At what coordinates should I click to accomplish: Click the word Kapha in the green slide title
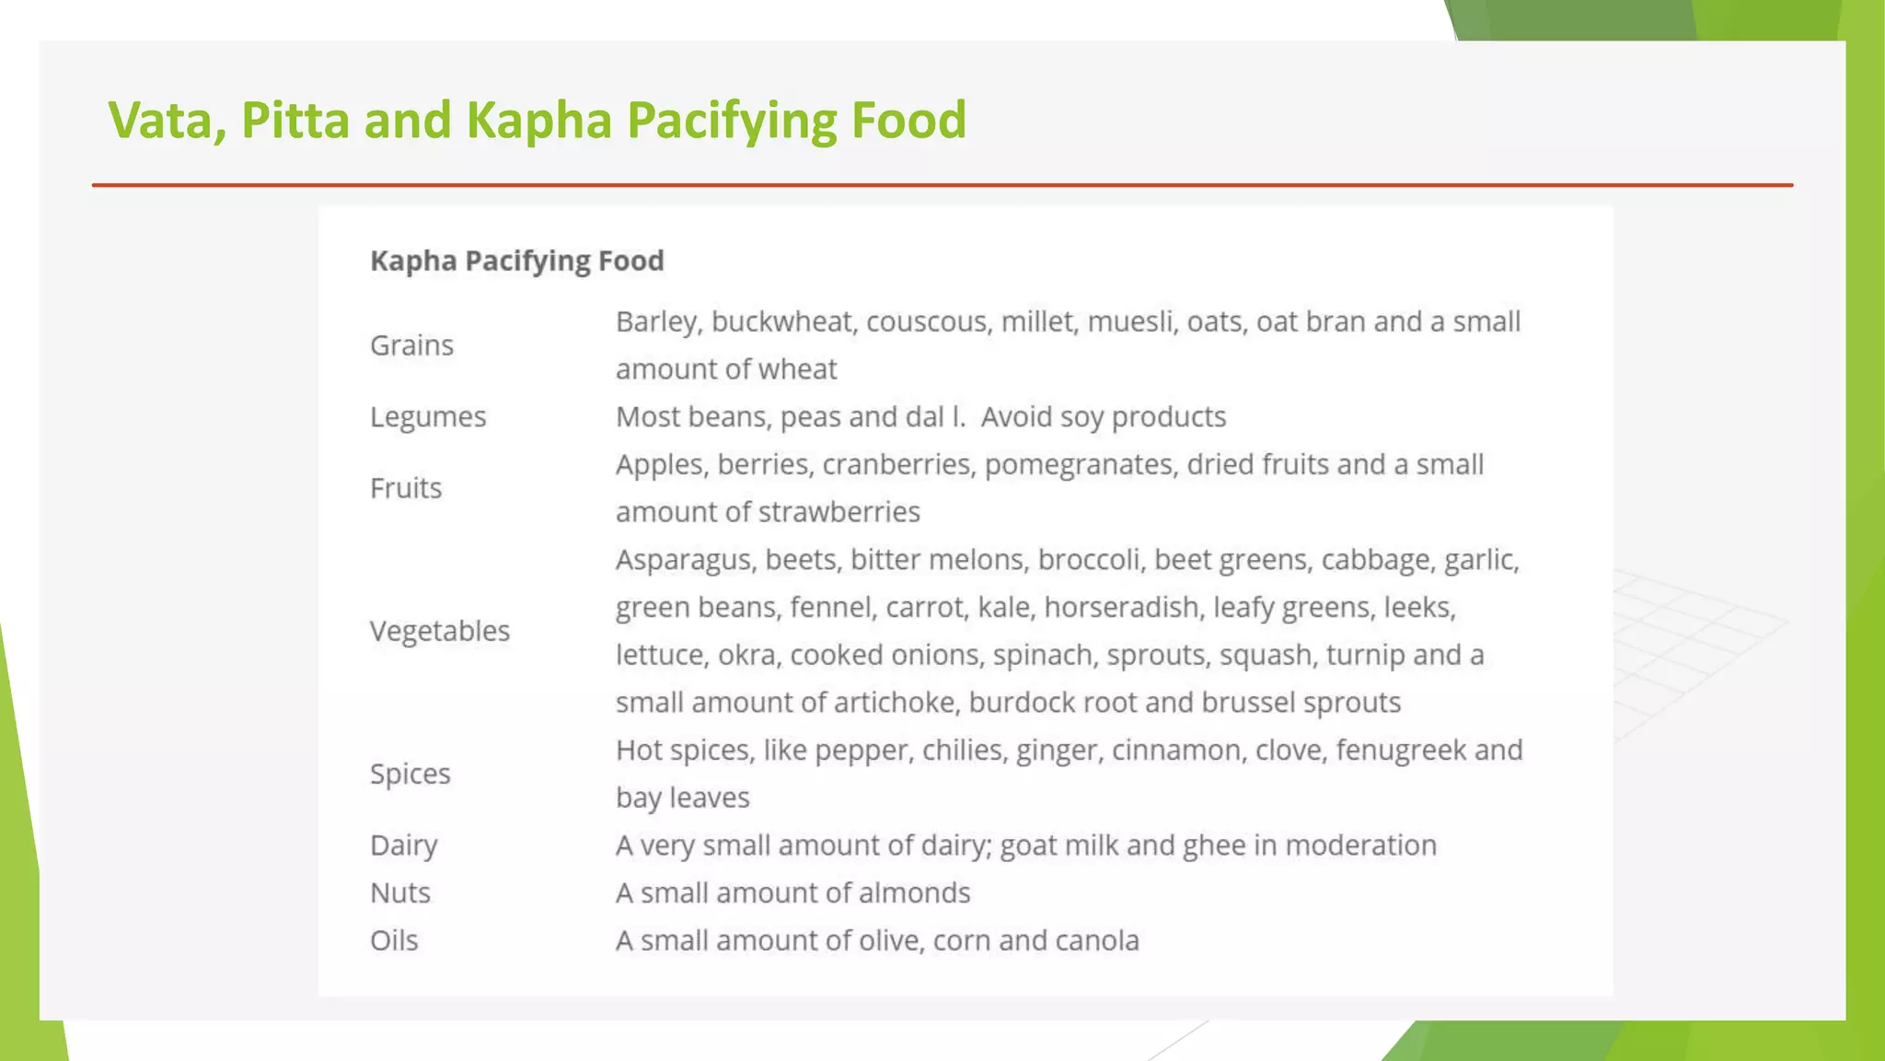coord(538,121)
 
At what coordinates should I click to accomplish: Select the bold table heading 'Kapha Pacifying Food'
coord(516,261)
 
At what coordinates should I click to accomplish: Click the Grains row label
coord(411,345)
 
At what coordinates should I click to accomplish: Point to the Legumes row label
coord(428,417)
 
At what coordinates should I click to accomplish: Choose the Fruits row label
coord(406,488)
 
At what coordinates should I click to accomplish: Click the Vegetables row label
coord(440,631)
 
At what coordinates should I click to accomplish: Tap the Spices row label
coord(411,775)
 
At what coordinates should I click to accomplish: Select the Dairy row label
coord(404,845)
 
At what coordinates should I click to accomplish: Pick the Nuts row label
coord(400,893)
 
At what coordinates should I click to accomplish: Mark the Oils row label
coord(394,941)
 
